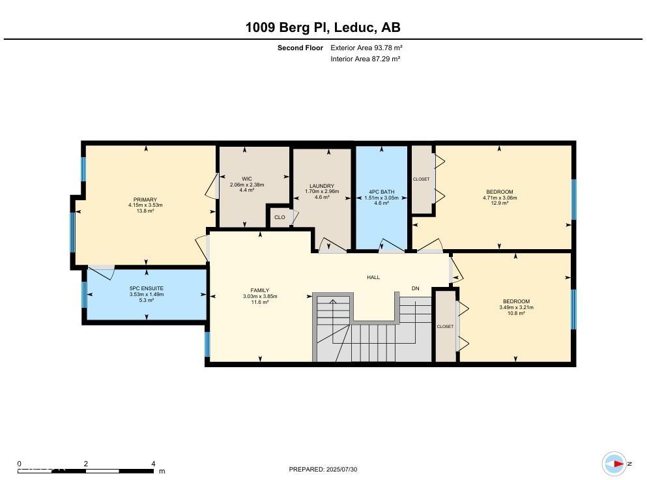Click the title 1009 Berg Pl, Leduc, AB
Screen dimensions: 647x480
click(x=323, y=27)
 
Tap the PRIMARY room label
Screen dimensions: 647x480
click(x=145, y=200)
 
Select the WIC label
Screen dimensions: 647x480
click(x=247, y=179)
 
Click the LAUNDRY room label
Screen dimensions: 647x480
click(x=322, y=186)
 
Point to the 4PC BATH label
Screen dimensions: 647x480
click(x=382, y=192)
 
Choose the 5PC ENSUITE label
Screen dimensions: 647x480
click(x=147, y=288)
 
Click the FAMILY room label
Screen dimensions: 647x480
click(x=260, y=290)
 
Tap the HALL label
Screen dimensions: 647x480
click(x=373, y=277)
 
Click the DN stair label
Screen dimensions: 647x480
click(x=416, y=288)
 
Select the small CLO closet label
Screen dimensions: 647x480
click(x=280, y=217)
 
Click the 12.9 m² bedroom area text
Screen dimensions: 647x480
click(x=500, y=203)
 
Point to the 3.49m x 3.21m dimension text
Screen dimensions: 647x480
click(x=516, y=307)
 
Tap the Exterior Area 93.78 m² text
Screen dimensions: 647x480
click(x=366, y=48)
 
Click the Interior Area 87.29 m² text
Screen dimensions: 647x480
click(x=366, y=59)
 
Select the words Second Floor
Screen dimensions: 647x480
click(x=300, y=48)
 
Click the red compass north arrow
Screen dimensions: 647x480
click(x=618, y=464)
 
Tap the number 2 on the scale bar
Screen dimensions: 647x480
click(x=86, y=464)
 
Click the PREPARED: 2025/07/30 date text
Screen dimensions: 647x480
click(x=323, y=470)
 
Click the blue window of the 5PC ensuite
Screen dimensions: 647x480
click(x=84, y=295)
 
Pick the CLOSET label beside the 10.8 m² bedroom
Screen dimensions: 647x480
click(x=445, y=326)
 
